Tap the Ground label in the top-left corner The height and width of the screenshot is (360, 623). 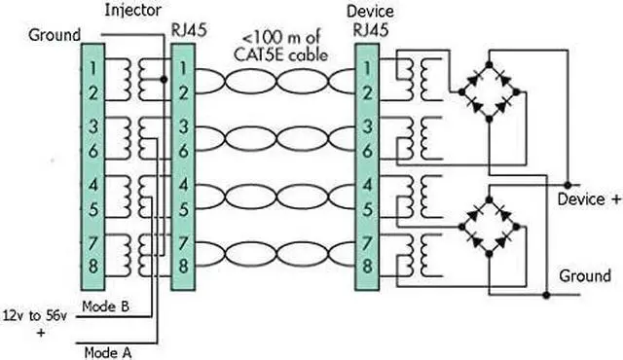point(55,35)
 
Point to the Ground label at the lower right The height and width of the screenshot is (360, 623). point(585,276)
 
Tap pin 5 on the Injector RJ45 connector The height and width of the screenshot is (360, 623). point(184,208)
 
